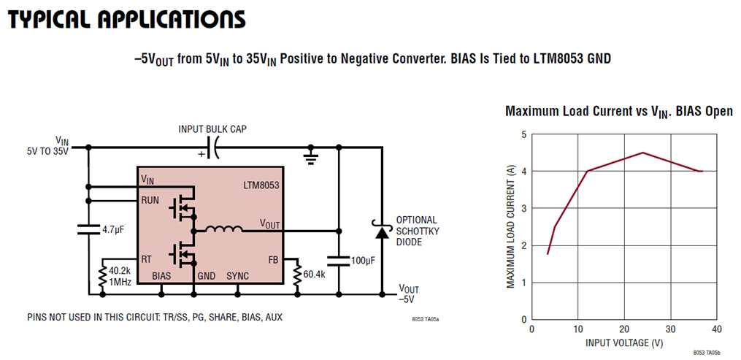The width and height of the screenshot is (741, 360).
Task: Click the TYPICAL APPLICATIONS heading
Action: click(x=126, y=20)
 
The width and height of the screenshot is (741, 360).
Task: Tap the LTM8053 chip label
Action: click(x=260, y=185)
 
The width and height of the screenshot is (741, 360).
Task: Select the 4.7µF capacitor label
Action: click(x=114, y=229)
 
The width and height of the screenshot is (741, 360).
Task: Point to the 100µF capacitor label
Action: click(x=362, y=260)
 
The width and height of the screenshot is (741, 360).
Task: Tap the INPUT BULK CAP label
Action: click(x=213, y=129)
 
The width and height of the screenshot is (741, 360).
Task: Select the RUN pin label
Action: click(x=150, y=199)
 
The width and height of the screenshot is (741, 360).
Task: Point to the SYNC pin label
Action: click(x=237, y=276)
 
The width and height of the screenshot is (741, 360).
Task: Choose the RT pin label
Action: click(x=147, y=258)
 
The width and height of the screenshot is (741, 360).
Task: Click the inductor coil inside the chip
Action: click(x=223, y=230)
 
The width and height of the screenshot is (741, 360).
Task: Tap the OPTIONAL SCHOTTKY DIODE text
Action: click(x=417, y=230)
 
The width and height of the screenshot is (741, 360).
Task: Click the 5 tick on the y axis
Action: click(x=523, y=134)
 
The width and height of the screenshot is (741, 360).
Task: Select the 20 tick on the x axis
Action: click(x=623, y=329)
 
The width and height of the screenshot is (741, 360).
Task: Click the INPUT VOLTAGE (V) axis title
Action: click(x=624, y=342)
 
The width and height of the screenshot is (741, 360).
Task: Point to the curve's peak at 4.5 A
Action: click(x=642, y=153)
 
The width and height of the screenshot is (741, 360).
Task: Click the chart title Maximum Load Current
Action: click(x=619, y=111)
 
